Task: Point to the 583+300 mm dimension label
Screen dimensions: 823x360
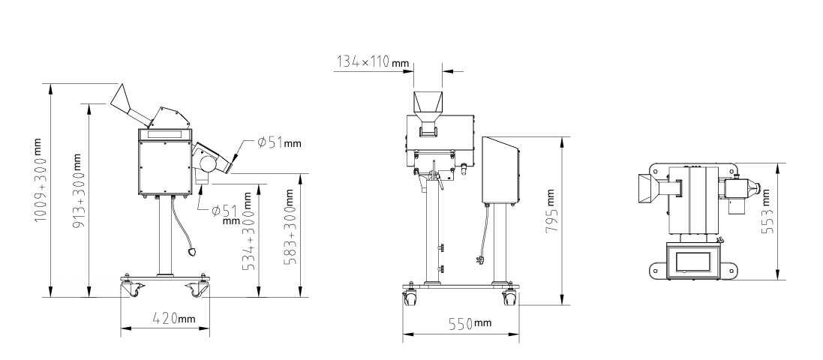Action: [290, 226]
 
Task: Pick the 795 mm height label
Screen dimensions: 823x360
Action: [551, 211]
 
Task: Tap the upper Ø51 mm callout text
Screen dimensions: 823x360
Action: [279, 142]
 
